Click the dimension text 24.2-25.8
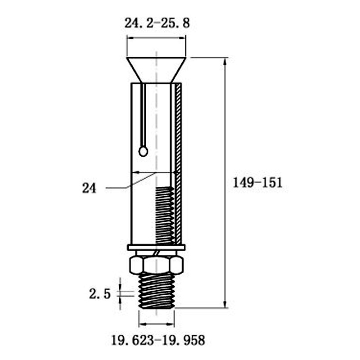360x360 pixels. (157, 23)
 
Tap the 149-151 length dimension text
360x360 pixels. (257, 183)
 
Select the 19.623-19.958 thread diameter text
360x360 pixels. (158, 340)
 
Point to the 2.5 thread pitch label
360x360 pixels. (100, 294)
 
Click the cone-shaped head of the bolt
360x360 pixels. (156, 70)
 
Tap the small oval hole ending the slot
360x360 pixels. (143, 152)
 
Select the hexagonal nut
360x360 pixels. (156, 265)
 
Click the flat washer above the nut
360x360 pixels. (156, 247)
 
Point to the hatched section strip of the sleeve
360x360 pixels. (178, 164)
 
